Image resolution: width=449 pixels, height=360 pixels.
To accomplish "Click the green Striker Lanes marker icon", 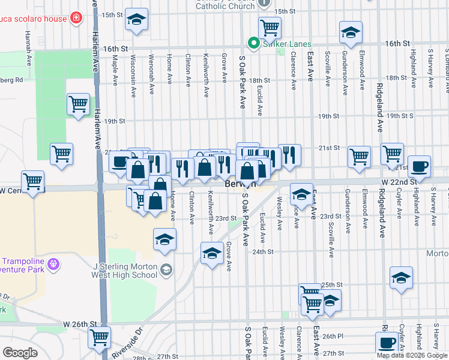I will pos(253,44).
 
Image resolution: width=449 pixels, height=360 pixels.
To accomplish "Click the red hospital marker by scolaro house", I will pos(76,17).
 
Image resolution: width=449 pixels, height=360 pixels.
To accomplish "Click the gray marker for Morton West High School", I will pos(165,271).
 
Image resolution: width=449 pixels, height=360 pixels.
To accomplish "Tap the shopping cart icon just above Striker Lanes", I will pos(270,27).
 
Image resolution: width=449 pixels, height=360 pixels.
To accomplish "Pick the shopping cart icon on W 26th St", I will pos(99,337).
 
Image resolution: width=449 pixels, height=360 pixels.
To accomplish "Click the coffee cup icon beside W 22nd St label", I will pos(419,166).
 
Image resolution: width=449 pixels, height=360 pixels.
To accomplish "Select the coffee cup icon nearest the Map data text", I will pos(387,343).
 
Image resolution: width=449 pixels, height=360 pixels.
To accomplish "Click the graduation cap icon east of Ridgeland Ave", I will pos(401,278).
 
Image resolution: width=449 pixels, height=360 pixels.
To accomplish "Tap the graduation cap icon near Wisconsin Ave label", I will pos(137,19).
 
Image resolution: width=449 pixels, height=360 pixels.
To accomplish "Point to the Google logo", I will pos(20,352).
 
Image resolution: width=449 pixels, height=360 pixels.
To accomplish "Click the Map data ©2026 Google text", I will pos(412,355).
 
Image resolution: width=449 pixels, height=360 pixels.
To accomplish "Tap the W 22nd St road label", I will pos(397,182).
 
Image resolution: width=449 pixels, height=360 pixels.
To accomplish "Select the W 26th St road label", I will pos(80,324).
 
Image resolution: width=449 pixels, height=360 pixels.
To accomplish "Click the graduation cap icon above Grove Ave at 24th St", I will pos(211,254).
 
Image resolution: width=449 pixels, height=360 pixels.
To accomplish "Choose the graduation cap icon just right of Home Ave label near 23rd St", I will pos(165,239).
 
